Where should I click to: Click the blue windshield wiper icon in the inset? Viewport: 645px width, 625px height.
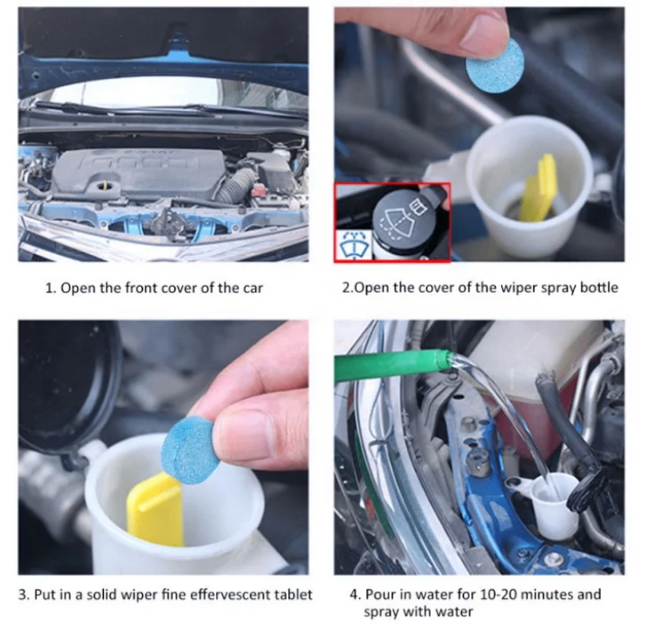353,246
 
